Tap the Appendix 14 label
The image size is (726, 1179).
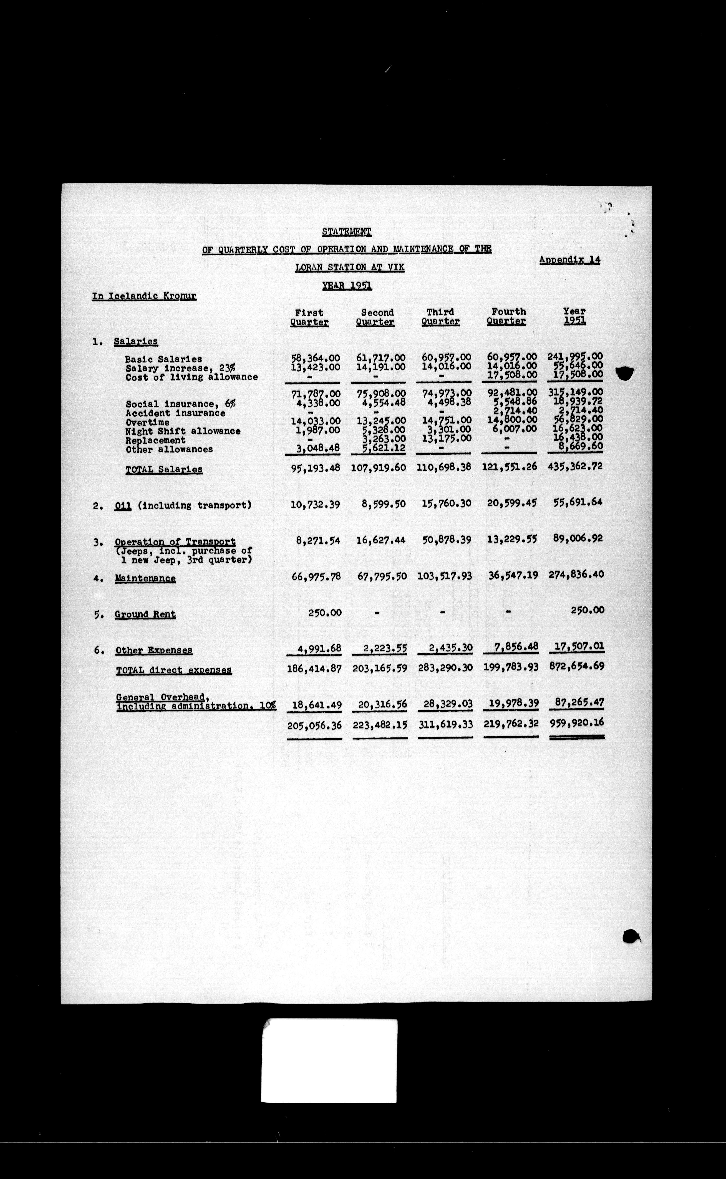point(569,260)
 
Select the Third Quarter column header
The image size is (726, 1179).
point(440,317)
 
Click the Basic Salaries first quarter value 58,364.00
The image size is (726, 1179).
point(316,358)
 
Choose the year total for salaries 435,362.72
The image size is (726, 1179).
point(575,466)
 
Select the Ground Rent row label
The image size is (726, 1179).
point(145,614)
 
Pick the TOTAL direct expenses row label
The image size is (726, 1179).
point(174,670)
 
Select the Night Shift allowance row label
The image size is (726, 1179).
point(183,431)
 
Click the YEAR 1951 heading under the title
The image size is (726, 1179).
point(347,286)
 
